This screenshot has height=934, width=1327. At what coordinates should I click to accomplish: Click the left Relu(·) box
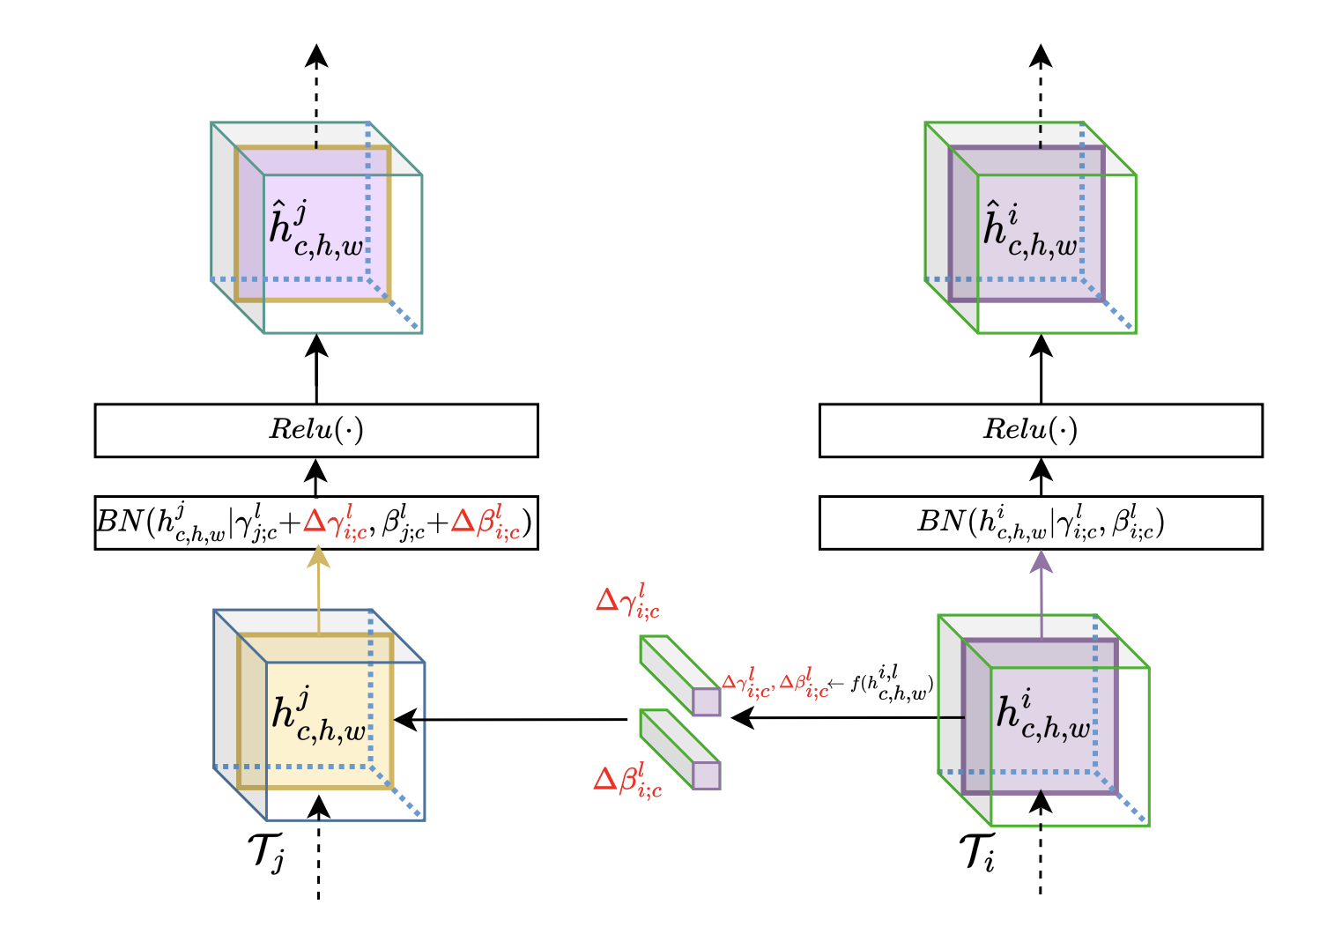click(x=316, y=430)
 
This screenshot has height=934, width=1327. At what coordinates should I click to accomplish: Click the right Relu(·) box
click(x=1041, y=430)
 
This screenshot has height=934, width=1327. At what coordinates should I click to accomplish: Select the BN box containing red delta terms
click(x=316, y=523)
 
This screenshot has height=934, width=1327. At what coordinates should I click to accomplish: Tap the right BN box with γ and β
click(x=1041, y=523)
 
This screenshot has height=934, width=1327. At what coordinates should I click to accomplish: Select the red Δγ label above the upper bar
click(x=627, y=601)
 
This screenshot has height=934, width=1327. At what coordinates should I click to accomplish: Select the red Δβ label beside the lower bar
click(x=627, y=780)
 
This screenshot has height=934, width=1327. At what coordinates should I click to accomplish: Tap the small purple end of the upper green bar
click(x=706, y=701)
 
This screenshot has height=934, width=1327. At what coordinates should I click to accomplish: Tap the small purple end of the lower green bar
click(x=706, y=775)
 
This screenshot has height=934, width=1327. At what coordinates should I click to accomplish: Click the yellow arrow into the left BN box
click(x=319, y=582)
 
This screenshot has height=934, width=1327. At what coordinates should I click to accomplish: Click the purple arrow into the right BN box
click(x=1042, y=582)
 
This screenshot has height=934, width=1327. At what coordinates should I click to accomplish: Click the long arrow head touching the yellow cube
click(x=404, y=720)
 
